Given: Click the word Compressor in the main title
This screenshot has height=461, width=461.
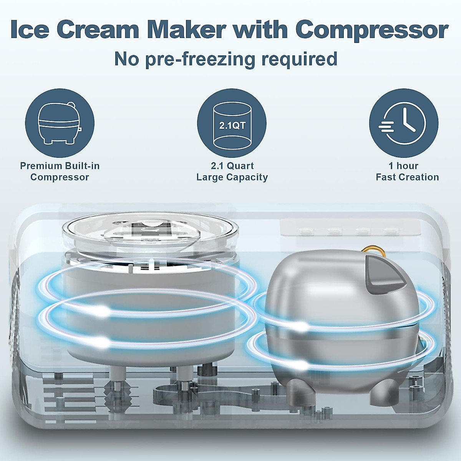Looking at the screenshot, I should [371, 30].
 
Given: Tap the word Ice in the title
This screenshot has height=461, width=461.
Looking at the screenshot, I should [29, 30].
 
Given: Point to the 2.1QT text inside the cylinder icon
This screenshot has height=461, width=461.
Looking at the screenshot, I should [232, 126].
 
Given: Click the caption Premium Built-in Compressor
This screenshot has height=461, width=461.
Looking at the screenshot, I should [60, 171].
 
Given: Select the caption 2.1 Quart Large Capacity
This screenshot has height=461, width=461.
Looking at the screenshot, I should [232, 171].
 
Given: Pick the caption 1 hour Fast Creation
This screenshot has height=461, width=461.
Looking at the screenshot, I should [407, 171].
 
